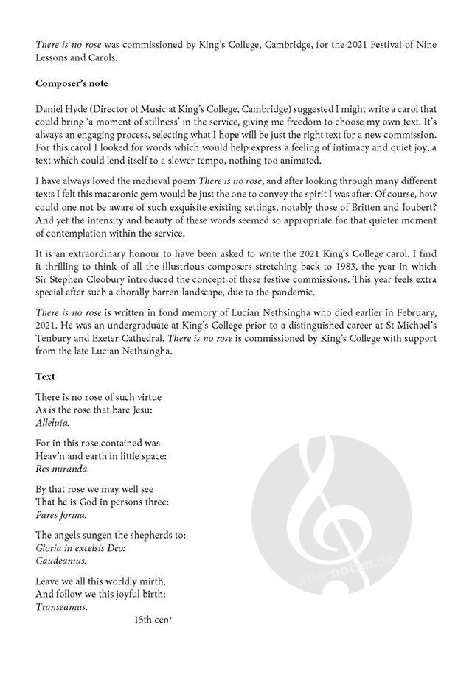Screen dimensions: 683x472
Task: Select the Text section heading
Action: pyautogui.click(x=45, y=376)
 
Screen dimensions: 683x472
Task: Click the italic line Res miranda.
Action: pyautogui.click(x=62, y=469)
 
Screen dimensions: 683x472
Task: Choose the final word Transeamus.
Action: pyautogui.click(x=62, y=607)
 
